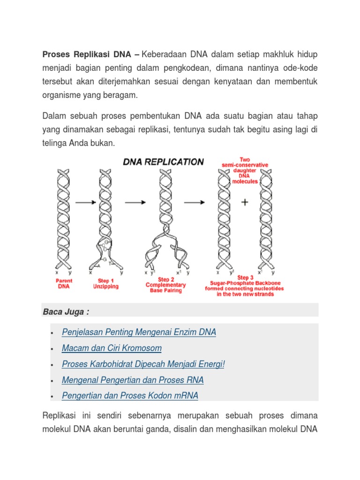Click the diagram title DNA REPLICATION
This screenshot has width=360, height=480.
(x=163, y=162)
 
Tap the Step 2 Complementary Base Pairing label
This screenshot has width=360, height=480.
(x=165, y=285)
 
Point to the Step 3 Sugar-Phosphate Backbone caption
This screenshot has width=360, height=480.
(x=239, y=286)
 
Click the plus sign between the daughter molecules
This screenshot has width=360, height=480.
(x=244, y=202)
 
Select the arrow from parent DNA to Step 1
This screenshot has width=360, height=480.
(x=85, y=202)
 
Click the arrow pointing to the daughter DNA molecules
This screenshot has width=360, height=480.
(x=195, y=202)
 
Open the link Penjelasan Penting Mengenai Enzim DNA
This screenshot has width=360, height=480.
(x=139, y=332)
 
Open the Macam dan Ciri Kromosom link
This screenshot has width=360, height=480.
(x=112, y=348)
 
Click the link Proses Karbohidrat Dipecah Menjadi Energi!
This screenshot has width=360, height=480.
(x=143, y=364)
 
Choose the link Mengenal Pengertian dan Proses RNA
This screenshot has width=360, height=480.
(x=133, y=380)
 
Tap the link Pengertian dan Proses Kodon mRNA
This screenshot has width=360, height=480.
(x=130, y=396)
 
